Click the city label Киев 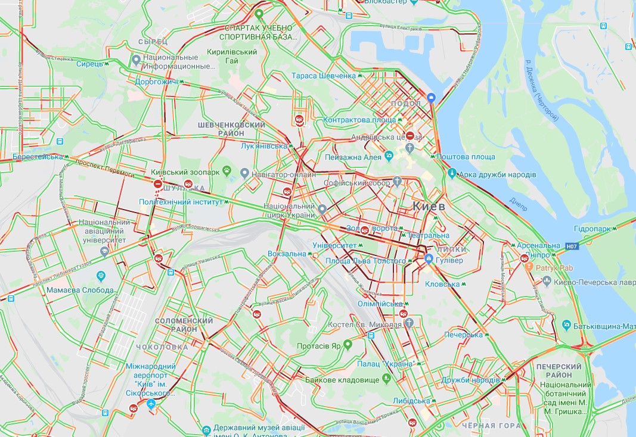(x=429, y=206)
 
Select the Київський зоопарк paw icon (x=226, y=171)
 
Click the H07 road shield (x=572, y=245)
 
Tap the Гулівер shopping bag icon (x=429, y=259)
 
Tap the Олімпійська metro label (x=380, y=304)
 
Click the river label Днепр (x=519, y=204)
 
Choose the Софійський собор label (x=357, y=182)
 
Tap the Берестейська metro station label (x=37, y=157)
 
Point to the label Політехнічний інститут (x=181, y=202)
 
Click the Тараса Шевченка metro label (x=324, y=76)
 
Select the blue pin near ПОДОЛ (x=432, y=98)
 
